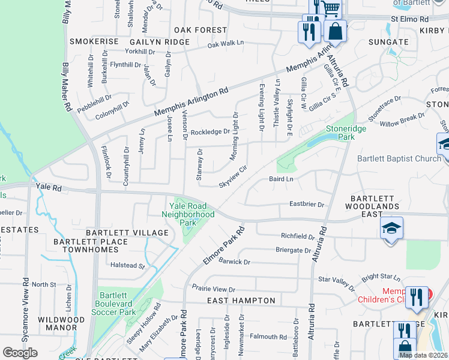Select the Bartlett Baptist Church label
pos(399,159)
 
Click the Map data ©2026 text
pos(423,355)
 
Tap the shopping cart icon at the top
pos(330,9)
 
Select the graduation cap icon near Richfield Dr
pos(391,229)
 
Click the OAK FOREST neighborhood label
pos(200,30)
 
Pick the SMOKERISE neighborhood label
pos(94,41)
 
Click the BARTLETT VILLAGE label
pos(127,233)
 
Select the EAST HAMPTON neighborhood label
pos(241,301)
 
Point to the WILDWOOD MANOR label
pos(61,324)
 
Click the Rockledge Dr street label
pos(210,132)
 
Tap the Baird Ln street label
pos(281,179)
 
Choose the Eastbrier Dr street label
pos(306,205)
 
